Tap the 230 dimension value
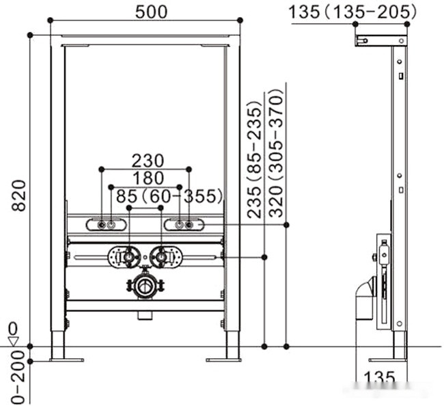(x=147, y=161)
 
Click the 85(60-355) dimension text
(x=169, y=197)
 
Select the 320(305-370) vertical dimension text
(x=276, y=152)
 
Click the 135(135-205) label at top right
(x=352, y=12)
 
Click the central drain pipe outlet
(x=144, y=286)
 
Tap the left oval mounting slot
(x=107, y=224)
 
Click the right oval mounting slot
(x=184, y=224)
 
